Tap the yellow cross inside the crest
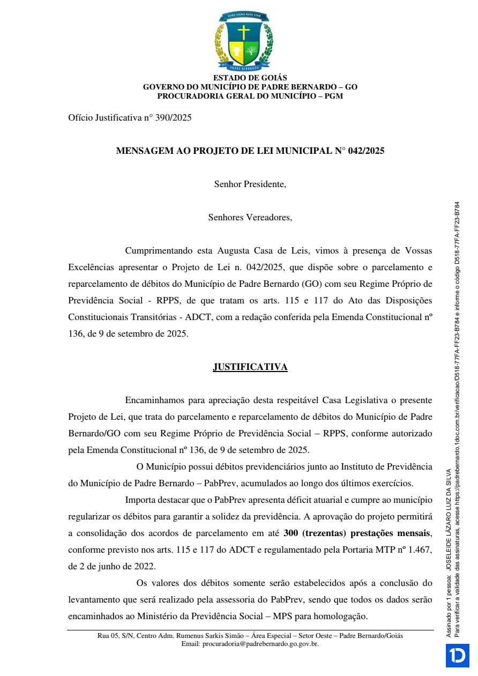[244, 32]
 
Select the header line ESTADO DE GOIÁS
[250, 78]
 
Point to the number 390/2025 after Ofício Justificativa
[173, 118]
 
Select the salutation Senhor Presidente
[250, 184]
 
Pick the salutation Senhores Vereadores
[250, 218]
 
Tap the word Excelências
[91, 268]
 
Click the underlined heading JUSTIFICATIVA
[250, 367]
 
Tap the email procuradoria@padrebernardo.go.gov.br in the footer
[250, 643]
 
